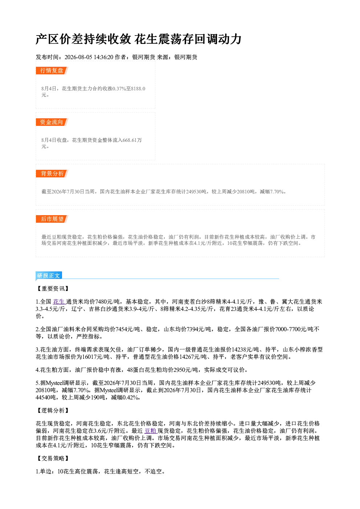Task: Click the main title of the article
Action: (x=138, y=39)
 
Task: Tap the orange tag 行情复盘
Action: (x=52, y=70)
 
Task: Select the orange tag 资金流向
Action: (x=52, y=122)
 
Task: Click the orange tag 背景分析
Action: (x=52, y=174)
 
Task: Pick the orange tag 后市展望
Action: (x=52, y=219)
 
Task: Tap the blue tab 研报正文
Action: (x=49, y=276)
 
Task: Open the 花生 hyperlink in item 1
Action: (x=59, y=301)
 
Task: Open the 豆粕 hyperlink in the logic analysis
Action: (x=151, y=431)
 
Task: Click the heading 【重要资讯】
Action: (x=52, y=288)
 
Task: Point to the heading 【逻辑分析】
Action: (x=52, y=410)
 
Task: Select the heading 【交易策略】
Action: (x=52, y=458)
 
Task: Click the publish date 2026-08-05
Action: (x=78, y=57)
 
